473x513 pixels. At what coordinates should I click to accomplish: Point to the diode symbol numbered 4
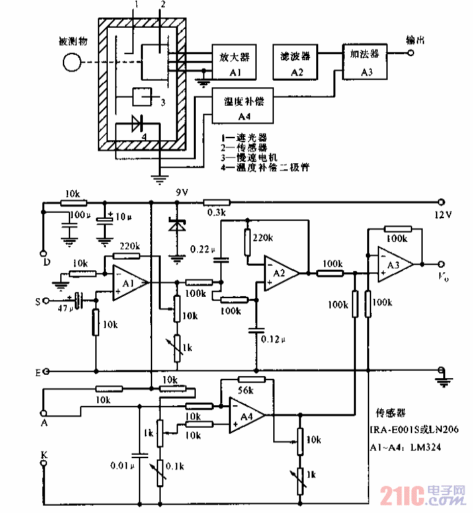click(137, 123)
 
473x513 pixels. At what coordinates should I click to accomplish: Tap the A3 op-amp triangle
click(393, 264)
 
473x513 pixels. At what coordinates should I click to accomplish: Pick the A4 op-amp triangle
click(245, 414)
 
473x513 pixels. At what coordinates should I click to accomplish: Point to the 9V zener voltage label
click(181, 192)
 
